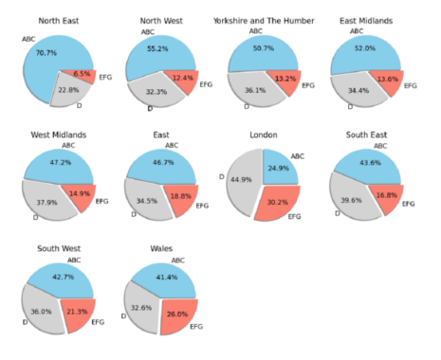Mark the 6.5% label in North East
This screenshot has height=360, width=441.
[x=82, y=73]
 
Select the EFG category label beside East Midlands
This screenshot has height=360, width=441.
[x=410, y=86]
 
